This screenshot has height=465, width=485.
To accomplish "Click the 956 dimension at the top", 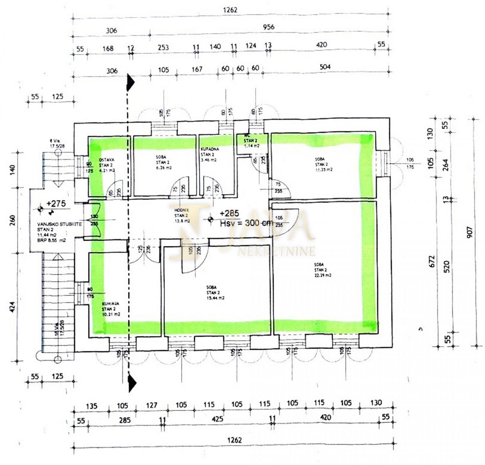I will (x=268, y=27).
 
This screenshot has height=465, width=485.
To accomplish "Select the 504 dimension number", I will (x=322, y=67).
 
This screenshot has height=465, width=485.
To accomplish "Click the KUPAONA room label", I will (x=210, y=149).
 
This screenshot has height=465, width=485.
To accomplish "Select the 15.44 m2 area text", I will (x=215, y=298).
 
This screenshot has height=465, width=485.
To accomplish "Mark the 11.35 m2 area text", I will (x=324, y=170).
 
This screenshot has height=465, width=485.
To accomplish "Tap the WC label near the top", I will (x=245, y=135).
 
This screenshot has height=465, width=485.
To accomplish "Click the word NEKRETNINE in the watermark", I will (x=277, y=252).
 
